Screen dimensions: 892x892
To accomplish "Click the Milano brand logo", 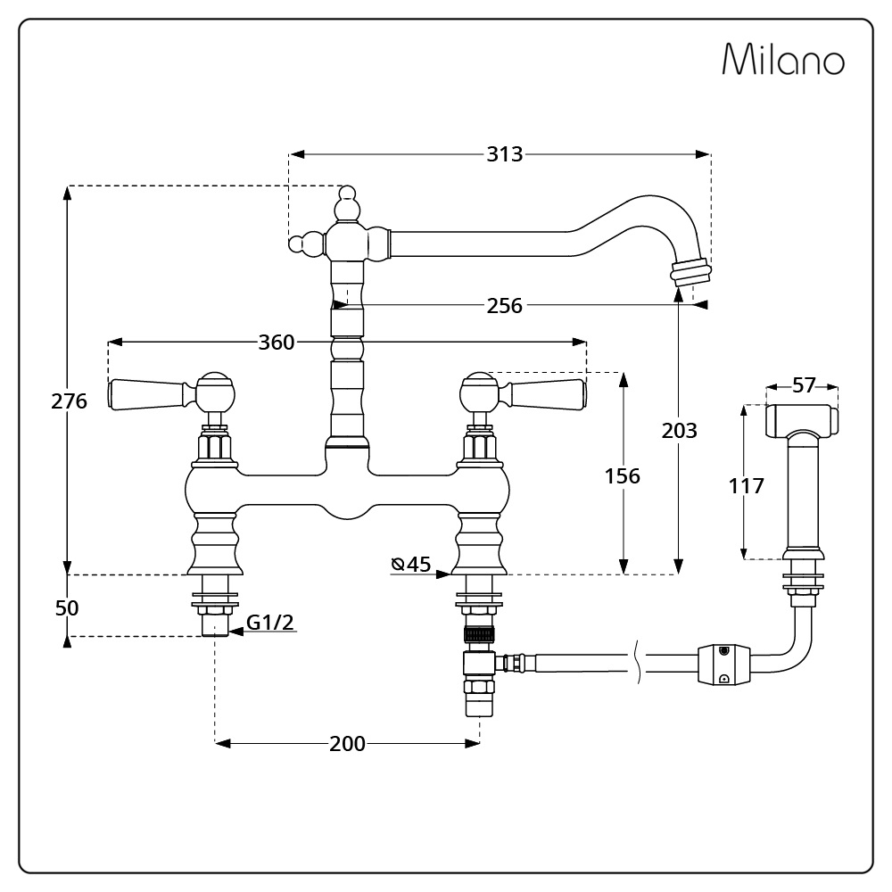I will tap(782, 60).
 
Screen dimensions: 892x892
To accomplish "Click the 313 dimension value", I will tap(504, 154).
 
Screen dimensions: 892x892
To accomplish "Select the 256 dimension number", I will tap(504, 306).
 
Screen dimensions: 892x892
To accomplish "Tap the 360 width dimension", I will tap(277, 343).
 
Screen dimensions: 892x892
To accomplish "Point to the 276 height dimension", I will tap(69, 401).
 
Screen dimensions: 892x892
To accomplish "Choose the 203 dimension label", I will tap(679, 431).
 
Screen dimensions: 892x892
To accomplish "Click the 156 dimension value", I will tap(622, 476).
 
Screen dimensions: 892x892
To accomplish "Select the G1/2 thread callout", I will tap(270, 623).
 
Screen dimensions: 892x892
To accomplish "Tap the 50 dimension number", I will tap(67, 608).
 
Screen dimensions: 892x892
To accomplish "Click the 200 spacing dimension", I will tap(347, 744).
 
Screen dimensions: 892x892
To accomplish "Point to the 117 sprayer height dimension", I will tap(746, 486).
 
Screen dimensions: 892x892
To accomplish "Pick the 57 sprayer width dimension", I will tap(804, 385).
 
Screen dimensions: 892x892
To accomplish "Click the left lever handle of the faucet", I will tap(147, 393).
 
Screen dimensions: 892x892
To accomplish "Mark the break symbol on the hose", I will tap(639, 665).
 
